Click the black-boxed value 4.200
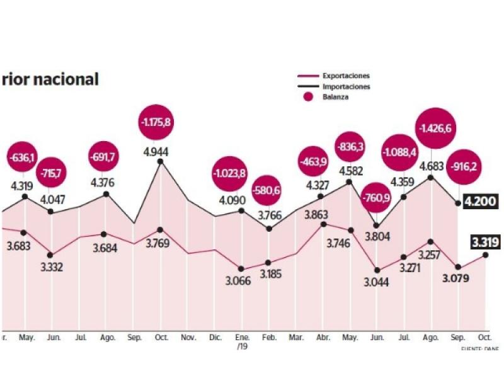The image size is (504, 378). click(x=480, y=202)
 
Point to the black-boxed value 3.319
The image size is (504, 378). click(x=486, y=241)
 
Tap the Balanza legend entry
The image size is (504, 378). click(x=336, y=97)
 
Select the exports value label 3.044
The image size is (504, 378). click(x=377, y=282)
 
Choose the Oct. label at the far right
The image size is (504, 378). click(x=484, y=337)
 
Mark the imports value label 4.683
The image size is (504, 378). click(x=430, y=166)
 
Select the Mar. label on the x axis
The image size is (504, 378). click(x=296, y=337)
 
